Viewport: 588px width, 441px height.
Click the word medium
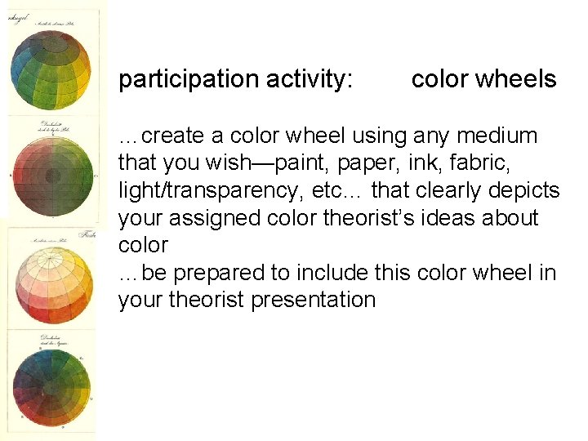pos(501,136)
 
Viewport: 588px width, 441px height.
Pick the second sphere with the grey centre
pos(52,173)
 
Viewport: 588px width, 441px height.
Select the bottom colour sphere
pos(52,384)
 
